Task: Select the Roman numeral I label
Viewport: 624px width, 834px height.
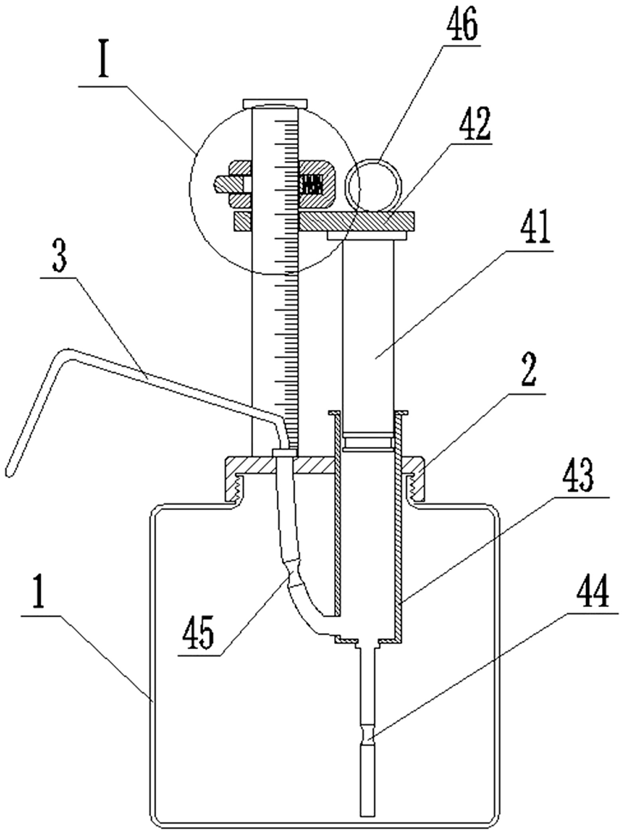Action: tap(104, 65)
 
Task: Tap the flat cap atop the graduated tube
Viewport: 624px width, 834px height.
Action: tap(275, 103)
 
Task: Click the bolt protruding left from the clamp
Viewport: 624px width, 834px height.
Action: tap(228, 185)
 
